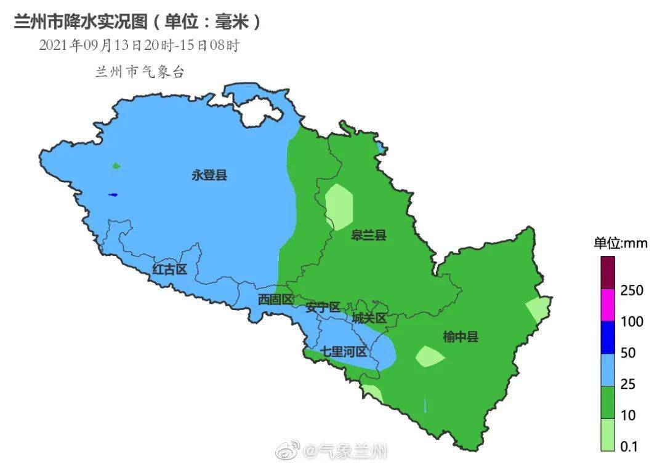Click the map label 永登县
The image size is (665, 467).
(x=209, y=175)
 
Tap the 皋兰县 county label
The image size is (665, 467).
(x=369, y=235)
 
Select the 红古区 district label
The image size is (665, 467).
(x=169, y=269)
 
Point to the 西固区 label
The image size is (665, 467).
(x=275, y=300)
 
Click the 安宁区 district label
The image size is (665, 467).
(x=323, y=307)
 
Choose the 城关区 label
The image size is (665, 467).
(x=369, y=318)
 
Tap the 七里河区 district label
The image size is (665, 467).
(x=343, y=352)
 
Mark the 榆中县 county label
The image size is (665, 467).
(x=461, y=337)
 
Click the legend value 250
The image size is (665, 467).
(x=632, y=290)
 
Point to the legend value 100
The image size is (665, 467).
(x=632, y=322)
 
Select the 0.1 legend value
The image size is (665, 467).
(x=629, y=447)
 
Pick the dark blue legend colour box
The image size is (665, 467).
(x=608, y=337)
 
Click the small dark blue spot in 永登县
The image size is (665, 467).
(x=113, y=195)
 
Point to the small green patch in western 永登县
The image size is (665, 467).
(x=116, y=166)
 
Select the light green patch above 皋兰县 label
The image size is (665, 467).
(x=339, y=207)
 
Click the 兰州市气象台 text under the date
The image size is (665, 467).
(x=140, y=72)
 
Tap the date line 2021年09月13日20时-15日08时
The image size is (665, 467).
(x=139, y=46)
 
